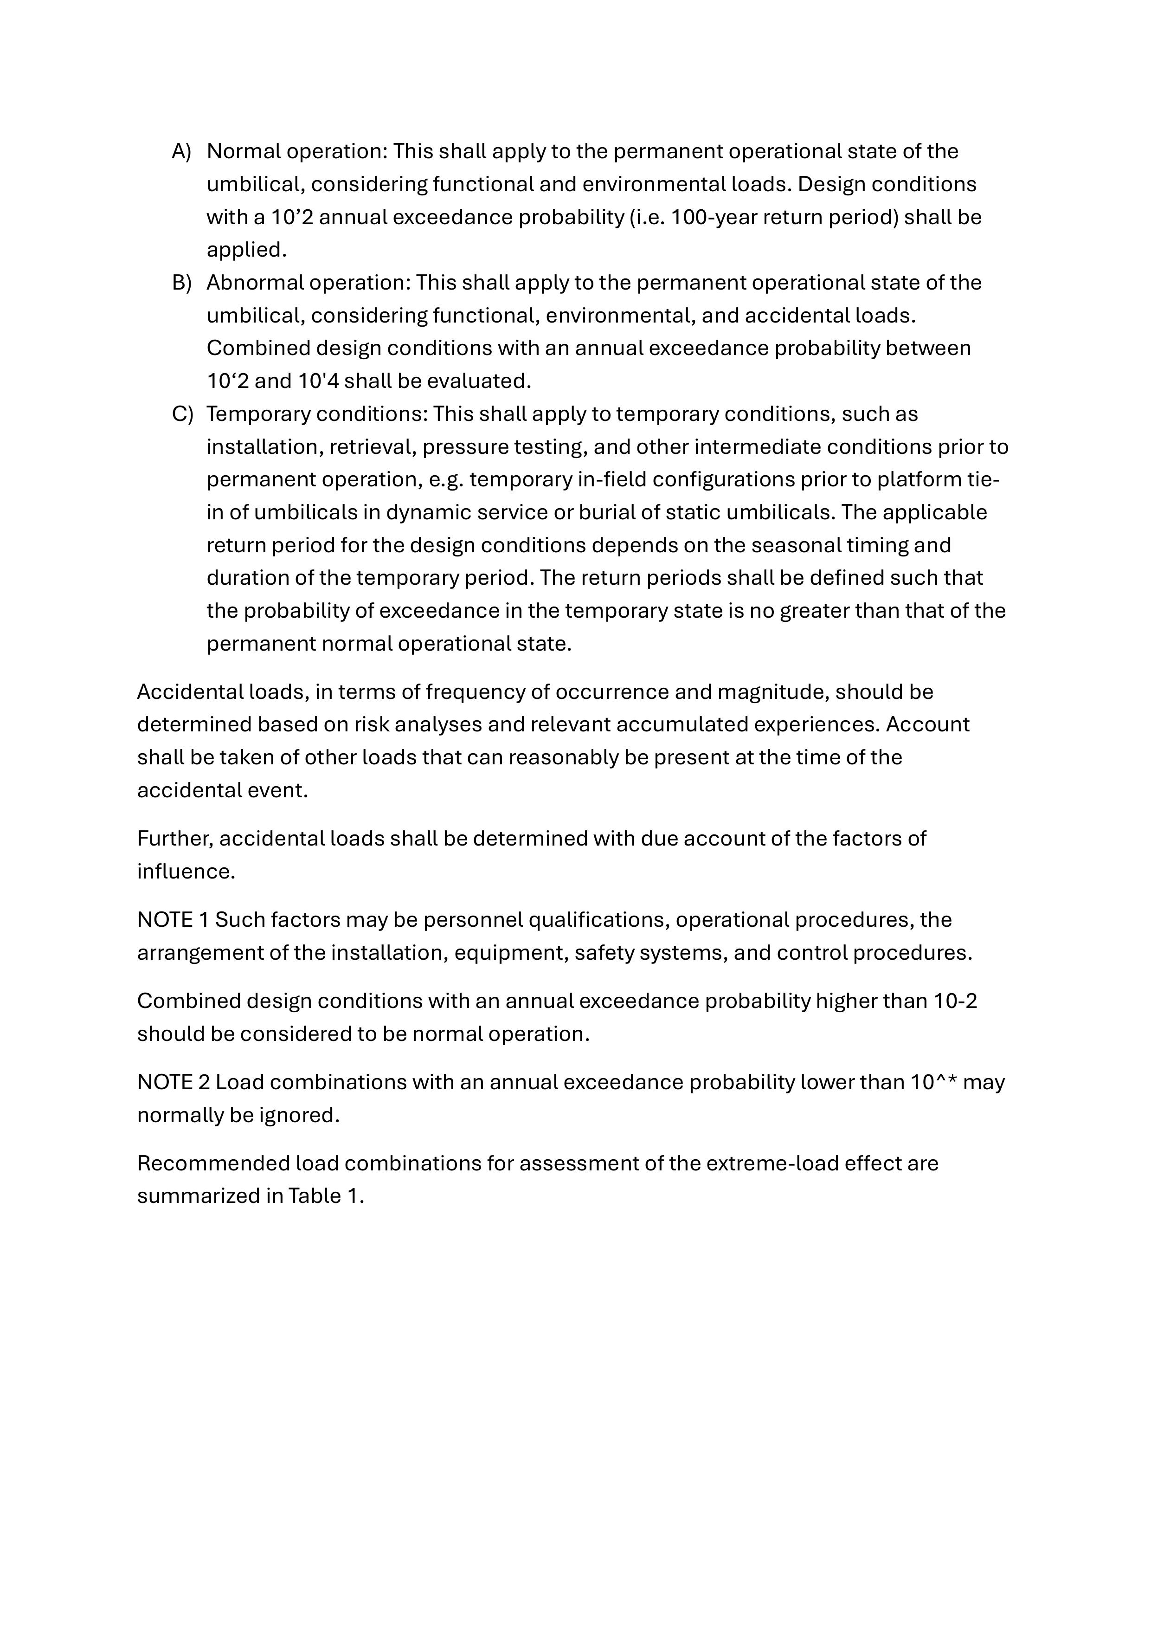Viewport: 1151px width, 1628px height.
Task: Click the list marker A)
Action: coord(181,152)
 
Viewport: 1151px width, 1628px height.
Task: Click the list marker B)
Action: coord(181,283)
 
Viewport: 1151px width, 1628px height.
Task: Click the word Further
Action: coord(174,839)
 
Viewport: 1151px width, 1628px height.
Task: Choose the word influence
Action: coord(185,872)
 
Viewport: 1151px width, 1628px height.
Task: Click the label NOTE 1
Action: coord(173,920)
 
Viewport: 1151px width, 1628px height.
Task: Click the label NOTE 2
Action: coord(173,1083)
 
